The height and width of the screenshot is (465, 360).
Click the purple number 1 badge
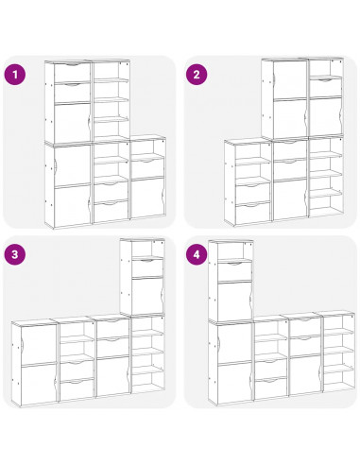coord(15,75)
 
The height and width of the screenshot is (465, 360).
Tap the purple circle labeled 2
coord(197,75)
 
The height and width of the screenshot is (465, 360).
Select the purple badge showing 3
coord(15,254)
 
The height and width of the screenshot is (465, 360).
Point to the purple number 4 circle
coord(197,254)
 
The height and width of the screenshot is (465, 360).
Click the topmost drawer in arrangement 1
coord(73,73)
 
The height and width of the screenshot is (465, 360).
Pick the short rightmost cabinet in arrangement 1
coord(147,178)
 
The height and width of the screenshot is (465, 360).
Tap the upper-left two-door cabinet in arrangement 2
coord(284,98)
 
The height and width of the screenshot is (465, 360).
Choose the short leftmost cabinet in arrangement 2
coord(248,182)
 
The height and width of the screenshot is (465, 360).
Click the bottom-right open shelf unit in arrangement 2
coord(326,176)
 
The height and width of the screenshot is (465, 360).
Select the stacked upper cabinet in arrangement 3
coord(143,277)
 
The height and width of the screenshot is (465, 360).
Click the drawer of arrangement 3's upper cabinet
coord(147,267)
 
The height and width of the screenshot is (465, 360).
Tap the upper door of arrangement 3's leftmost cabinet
coord(39,344)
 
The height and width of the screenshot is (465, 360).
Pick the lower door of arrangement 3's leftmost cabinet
coord(39,385)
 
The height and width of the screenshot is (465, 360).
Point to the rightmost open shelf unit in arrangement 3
coord(147,354)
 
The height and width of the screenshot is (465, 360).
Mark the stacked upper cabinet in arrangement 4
coord(231,281)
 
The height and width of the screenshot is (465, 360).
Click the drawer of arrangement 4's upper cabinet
coord(235,270)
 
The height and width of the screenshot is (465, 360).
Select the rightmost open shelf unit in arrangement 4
coord(337,352)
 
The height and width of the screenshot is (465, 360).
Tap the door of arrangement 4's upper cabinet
coord(235,300)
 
